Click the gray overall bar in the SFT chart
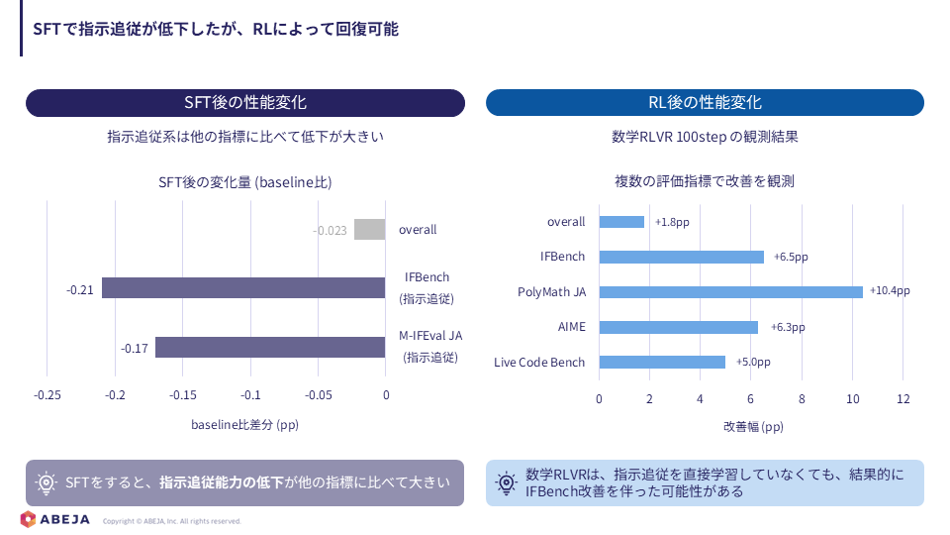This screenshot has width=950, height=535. (x=369, y=229)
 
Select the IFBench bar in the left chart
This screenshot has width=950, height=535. (x=243, y=287)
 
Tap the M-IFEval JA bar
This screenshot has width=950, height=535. (x=270, y=347)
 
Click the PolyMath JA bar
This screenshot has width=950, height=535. (x=730, y=291)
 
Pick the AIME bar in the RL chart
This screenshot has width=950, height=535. (x=679, y=327)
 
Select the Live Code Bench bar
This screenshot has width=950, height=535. (x=662, y=363)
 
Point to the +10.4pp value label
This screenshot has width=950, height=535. (x=890, y=290)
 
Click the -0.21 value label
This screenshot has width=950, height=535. (x=80, y=290)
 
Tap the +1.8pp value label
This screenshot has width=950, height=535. (x=672, y=222)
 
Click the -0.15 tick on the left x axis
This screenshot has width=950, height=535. (x=182, y=395)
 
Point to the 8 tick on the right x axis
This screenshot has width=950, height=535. (x=802, y=398)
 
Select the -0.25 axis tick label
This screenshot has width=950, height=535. (x=47, y=395)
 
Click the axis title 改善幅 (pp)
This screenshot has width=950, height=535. (x=753, y=426)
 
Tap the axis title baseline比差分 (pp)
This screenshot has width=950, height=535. (x=244, y=425)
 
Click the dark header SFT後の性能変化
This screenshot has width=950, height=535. (x=245, y=102)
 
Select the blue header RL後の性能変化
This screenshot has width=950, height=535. (x=705, y=102)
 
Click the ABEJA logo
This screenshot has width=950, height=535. (x=54, y=519)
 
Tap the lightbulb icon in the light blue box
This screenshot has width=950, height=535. (x=506, y=482)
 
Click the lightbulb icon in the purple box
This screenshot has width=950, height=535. (x=46, y=482)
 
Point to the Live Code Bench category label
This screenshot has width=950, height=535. (x=539, y=363)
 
